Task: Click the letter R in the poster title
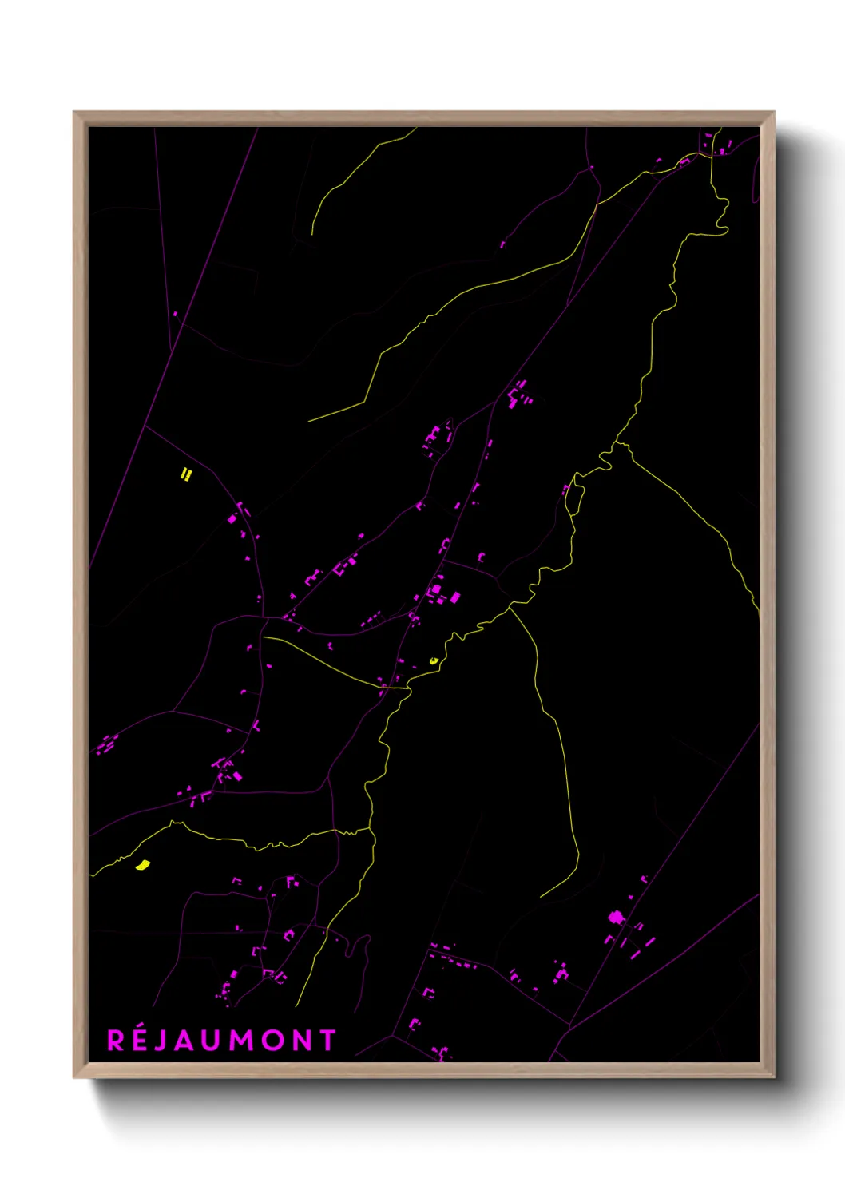click(x=116, y=1041)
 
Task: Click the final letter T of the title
click(x=327, y=1041)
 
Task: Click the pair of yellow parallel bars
click(x=186, y=475)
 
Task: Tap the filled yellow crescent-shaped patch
click(x=143, y=865)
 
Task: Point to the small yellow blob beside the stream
click(x=434, y=660)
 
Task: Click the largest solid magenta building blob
click(x=616, y=918)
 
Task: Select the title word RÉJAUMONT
click(x=221, y=1041)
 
